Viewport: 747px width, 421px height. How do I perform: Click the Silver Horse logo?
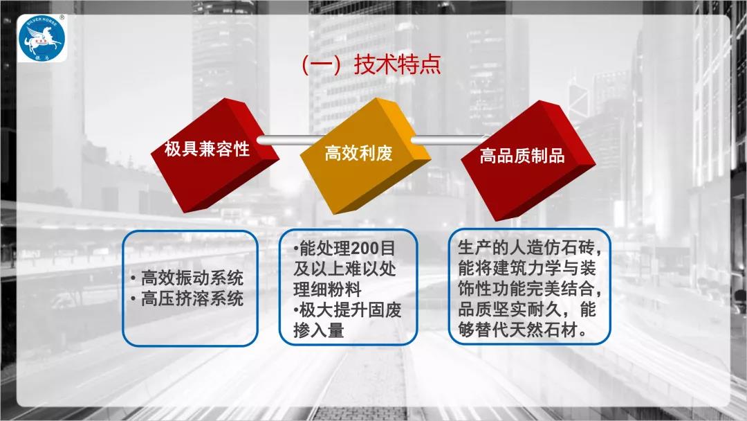(42, 39)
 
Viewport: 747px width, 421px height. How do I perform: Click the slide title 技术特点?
(397, 65)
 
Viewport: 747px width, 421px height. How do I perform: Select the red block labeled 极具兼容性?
(214, 155)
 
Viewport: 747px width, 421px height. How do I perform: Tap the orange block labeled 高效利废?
(365, 156)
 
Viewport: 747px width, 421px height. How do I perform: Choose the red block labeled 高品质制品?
(528, 160)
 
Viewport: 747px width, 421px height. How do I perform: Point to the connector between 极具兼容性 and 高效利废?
(289, 140)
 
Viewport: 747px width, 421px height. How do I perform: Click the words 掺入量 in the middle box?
(318, 330)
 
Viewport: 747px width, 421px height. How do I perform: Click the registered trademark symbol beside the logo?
(62, 17)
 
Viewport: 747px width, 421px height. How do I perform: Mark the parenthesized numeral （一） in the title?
(322, 65)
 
